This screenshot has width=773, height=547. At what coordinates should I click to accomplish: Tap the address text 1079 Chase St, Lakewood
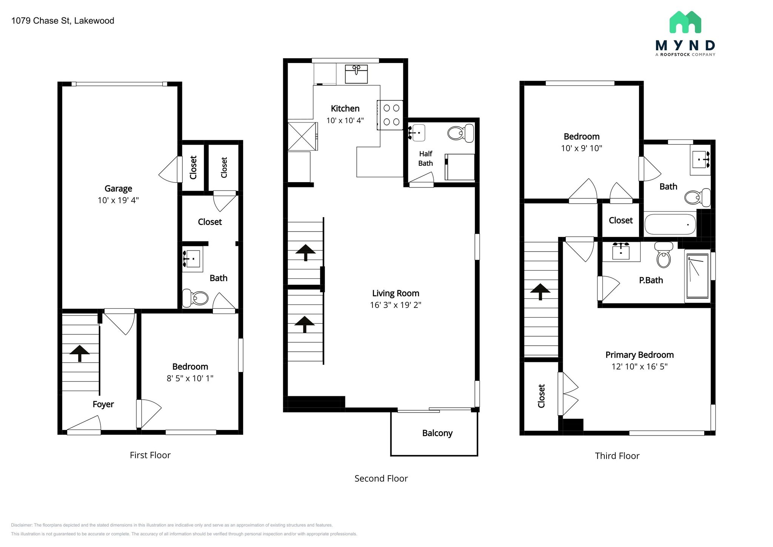point(63,21)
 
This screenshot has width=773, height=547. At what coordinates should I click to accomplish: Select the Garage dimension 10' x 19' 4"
point(118,200)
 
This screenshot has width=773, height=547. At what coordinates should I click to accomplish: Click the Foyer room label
point(103,404)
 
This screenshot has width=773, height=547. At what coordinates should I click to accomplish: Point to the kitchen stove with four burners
point(390,115)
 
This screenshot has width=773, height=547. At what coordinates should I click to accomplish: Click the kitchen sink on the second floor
point(356,74)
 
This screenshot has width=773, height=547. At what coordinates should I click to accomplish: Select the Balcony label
point(437,433)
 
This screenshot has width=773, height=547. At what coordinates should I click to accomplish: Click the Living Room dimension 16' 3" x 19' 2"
point(396,305)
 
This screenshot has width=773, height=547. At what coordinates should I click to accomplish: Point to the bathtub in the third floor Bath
point(670,224)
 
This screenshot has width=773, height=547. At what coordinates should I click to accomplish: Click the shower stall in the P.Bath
point(698,276)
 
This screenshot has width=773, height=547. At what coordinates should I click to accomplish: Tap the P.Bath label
point(651,280)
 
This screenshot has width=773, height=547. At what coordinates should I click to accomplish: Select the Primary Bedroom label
point(639,355)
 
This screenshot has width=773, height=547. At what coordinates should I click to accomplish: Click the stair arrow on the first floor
point(80,354)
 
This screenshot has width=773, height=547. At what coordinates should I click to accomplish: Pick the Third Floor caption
point(617,456)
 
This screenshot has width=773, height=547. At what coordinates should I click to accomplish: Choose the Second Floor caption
point(381,479)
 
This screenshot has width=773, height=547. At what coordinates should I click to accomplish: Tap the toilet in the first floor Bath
point(195,298)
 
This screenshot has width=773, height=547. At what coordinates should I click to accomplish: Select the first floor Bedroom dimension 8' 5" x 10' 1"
point(190,378)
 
